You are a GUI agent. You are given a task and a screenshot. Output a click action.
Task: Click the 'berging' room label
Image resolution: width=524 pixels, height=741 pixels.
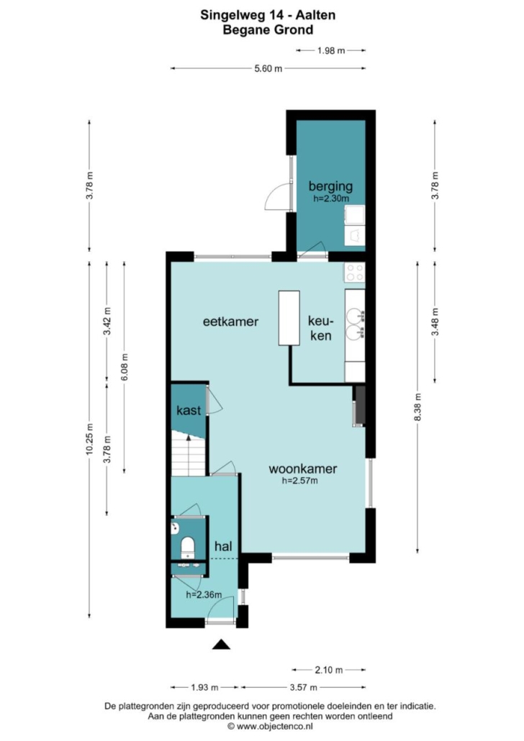pos(330,186)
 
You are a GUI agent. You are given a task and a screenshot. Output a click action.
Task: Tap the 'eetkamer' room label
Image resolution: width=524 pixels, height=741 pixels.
pos(231,322)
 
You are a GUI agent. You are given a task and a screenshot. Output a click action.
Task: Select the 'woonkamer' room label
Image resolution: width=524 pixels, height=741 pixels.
pos(303,469)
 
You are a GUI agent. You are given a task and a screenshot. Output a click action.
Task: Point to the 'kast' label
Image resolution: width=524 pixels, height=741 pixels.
pos(189,410)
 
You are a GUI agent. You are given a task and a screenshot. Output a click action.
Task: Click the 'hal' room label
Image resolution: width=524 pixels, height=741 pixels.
pos(223,546)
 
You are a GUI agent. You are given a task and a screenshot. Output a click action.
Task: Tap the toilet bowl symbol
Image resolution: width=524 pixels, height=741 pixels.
pos(188,547)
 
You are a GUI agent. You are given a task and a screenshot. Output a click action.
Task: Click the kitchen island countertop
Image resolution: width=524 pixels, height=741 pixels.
pos(289,318)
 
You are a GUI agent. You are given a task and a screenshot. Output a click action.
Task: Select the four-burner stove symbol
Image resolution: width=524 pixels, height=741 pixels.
pos(355,273)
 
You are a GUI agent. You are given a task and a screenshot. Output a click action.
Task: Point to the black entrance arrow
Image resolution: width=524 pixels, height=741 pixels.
pos(221,644)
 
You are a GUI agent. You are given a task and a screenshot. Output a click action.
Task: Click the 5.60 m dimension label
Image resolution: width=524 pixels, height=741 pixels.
pos(268,68)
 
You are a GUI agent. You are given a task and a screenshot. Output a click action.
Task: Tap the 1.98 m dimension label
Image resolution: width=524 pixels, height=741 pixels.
pos(331,50)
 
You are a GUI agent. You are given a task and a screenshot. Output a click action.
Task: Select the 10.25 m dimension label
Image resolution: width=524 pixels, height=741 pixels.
pos(89,440)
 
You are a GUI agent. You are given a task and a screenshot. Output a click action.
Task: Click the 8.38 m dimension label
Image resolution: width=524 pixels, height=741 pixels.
pos(417,407)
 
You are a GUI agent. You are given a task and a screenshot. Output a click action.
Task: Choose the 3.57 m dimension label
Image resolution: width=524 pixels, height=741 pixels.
pos(303,687)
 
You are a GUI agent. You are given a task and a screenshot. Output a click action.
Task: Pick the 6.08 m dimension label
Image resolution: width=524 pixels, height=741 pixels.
pos(125,367)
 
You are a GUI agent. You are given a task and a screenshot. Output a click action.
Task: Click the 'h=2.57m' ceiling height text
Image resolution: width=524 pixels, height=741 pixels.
pos(300,481)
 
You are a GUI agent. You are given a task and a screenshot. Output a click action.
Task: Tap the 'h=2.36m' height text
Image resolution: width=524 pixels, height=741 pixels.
pos(204,595)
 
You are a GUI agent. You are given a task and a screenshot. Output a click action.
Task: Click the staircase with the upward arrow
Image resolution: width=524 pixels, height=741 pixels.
pos(189,453)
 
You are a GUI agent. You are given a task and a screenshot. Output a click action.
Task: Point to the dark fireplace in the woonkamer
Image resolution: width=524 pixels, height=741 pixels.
pos(360,406)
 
